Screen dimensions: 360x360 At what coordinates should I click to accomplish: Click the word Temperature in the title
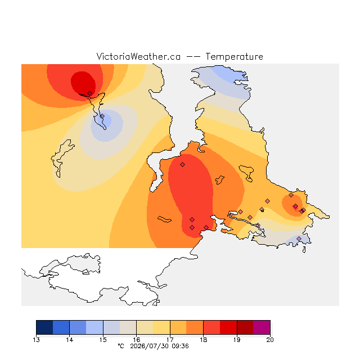[x=234, y=57]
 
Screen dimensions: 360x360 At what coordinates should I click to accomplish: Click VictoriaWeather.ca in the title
[x=138, y=56]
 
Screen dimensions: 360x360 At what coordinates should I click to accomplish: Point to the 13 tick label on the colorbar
[x=36, y=340]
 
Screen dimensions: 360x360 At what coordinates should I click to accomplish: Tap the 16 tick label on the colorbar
[x=136, y=340]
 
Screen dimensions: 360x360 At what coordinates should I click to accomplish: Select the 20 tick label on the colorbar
[x=270, y=340]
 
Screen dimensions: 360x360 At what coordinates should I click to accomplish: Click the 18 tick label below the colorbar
[x=203, y=340]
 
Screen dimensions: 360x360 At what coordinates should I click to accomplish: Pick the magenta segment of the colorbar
[x=262, y=327]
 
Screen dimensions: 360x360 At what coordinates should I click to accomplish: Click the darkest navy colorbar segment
[x=44, y=327]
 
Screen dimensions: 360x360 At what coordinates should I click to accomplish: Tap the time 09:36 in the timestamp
[x=180, y=346]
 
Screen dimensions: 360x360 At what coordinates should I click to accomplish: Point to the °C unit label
[x=121, y=346]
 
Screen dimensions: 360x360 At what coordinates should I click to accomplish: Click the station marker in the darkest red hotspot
[x=90, y=93]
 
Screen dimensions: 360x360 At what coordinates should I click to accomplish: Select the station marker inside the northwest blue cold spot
[x=102, y=116]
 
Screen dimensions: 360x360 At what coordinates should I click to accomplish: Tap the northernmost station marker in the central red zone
[x=182, y=164]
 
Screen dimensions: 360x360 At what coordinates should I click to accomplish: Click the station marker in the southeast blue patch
[x=299, y=238]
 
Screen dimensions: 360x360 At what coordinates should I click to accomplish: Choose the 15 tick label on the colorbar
[x=103, y=340]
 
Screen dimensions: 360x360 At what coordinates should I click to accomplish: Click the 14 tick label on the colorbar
[x=70, y=340]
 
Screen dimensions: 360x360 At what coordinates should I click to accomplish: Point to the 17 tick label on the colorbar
[x=170, y=340]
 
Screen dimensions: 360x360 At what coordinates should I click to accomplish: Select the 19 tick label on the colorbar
[x=237, y=340]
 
